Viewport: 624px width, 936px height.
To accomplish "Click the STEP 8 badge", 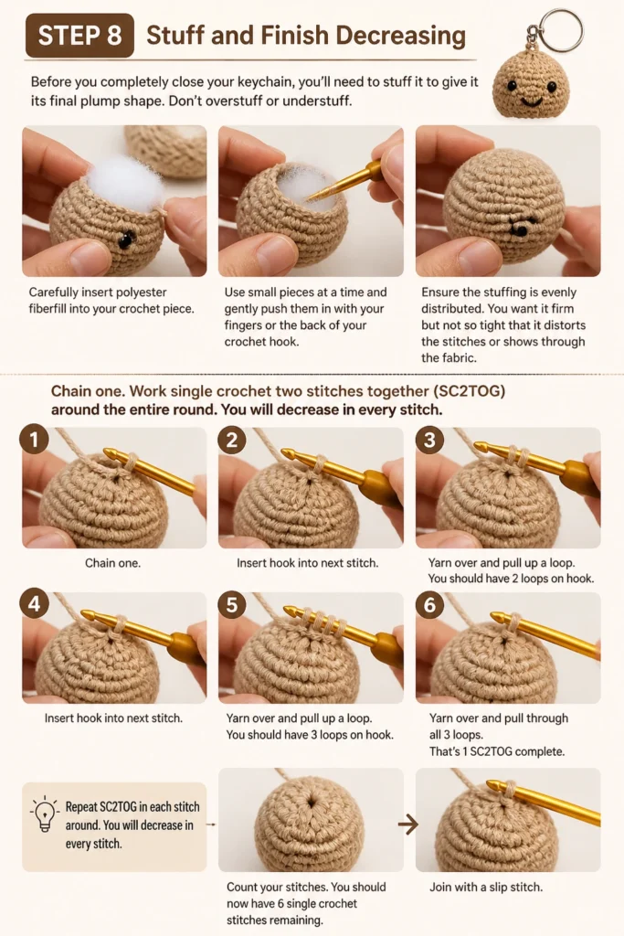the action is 79,36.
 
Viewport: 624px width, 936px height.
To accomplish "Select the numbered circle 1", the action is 35,440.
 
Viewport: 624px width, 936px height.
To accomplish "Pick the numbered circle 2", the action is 232,440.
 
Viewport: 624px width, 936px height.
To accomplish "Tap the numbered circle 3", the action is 429,440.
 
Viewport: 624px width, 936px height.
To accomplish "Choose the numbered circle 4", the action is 35,604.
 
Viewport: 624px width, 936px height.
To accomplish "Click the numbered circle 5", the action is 232,604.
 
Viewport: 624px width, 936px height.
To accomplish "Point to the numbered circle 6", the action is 429,604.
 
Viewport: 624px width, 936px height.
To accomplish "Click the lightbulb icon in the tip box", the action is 45,814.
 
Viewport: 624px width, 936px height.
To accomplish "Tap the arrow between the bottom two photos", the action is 408,825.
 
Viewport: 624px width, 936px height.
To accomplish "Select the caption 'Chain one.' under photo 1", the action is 112,563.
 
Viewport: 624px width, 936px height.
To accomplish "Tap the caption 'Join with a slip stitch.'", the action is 486,887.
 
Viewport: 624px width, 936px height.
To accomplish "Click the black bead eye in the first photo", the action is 126,240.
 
